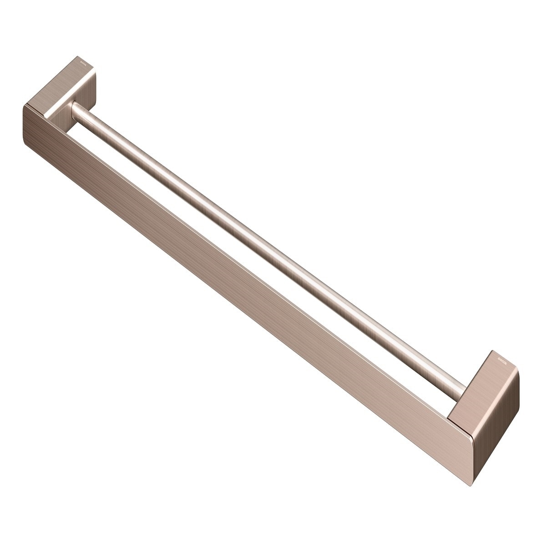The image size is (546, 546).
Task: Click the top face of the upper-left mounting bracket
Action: tap(68, 84)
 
